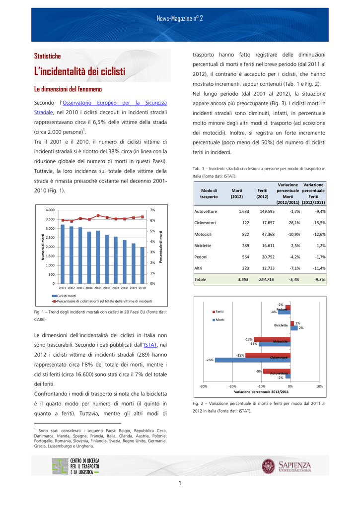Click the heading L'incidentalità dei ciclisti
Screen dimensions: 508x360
coord(79,72)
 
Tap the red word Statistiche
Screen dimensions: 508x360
coord(47,56)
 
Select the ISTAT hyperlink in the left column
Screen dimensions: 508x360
coord(149,344)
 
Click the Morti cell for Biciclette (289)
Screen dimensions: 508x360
coord(242,245)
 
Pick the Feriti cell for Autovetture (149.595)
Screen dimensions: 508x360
coord(267,211)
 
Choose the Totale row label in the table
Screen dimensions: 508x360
coord(200,279)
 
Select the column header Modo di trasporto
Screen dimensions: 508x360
coord(209,193)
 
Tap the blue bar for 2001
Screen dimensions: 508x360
coord(63,254)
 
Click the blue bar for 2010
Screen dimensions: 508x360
coord(143,265)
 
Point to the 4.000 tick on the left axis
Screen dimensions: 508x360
coord(50,210)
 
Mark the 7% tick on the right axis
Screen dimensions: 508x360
coord(152,210)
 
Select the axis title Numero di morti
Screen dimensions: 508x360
coord(43,247)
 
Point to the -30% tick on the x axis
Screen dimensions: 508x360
coord(203,386)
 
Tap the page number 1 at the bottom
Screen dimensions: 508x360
coord(180,483)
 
